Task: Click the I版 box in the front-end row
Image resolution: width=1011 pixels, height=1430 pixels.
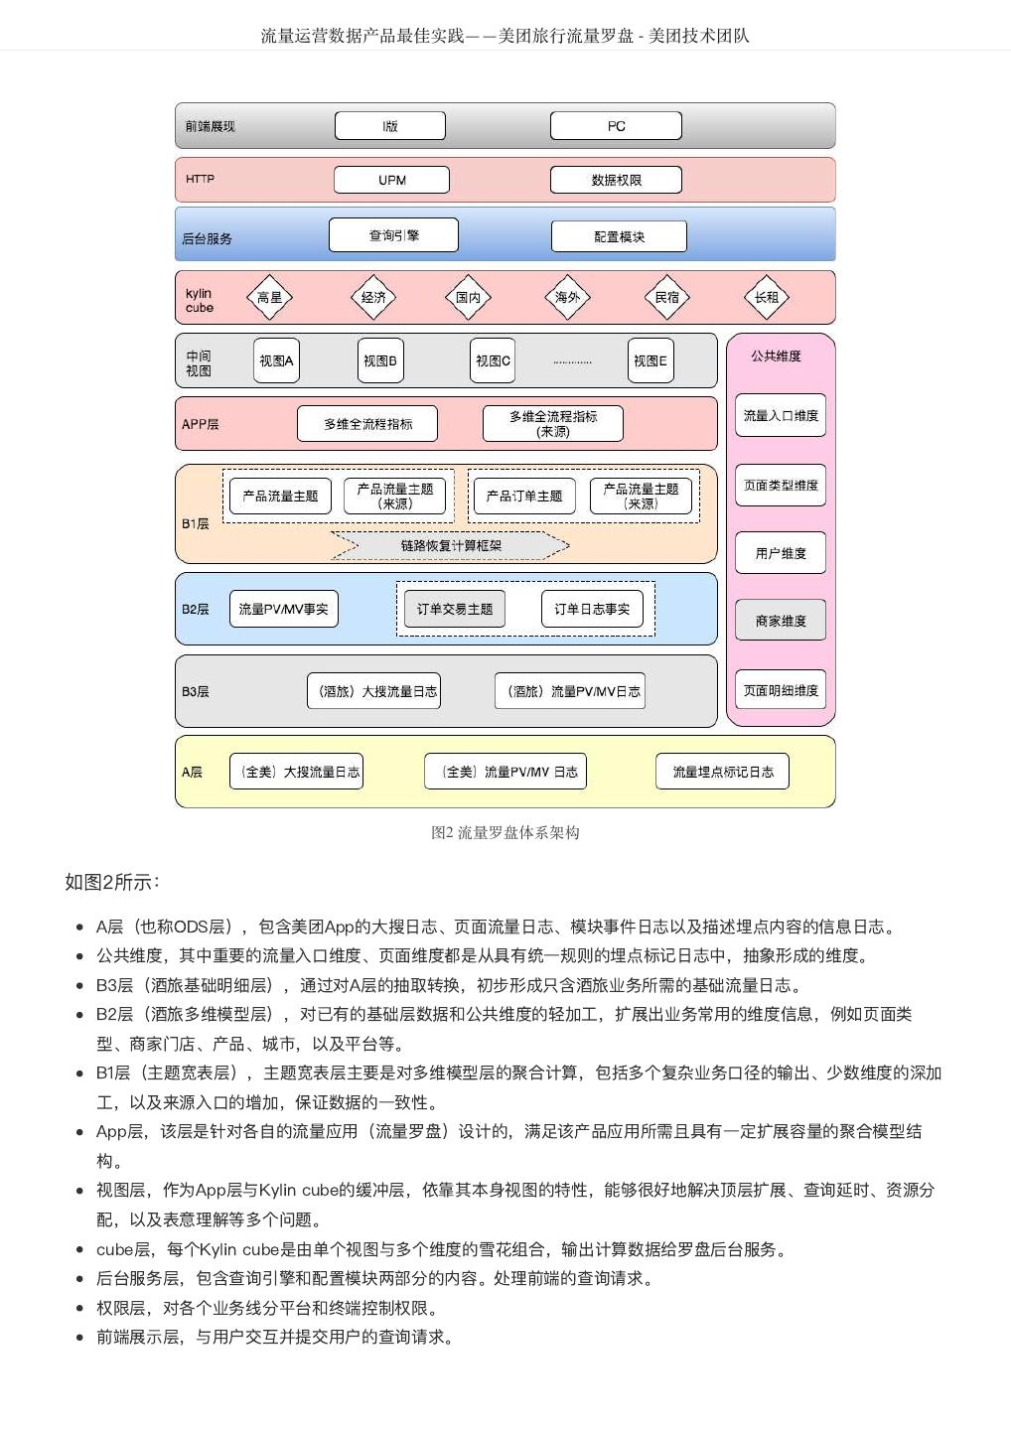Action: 390,126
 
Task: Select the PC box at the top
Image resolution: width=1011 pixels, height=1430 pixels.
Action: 616,126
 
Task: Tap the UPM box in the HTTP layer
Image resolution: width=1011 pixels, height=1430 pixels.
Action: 391,180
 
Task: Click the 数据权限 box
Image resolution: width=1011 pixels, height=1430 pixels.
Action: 616,180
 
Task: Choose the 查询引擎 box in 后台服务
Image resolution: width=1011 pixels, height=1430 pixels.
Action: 393,235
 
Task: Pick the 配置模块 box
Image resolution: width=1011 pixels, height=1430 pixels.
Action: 619,236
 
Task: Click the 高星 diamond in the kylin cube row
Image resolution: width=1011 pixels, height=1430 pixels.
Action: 269,297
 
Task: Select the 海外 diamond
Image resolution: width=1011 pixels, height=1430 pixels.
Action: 567,297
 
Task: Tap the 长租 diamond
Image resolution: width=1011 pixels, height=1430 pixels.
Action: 766,297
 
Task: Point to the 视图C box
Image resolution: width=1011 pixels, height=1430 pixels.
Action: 493,360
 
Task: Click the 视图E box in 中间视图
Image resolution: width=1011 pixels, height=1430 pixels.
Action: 650,360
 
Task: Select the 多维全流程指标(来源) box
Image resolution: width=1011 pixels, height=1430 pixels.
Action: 553,424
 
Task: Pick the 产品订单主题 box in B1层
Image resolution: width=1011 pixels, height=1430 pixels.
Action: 524,496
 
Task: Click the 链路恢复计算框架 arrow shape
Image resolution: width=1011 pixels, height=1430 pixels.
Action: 451,545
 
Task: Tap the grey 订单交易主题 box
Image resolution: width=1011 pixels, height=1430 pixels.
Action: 455,609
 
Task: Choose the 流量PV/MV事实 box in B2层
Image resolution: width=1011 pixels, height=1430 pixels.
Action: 283,609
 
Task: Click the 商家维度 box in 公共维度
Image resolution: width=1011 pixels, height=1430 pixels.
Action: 781,621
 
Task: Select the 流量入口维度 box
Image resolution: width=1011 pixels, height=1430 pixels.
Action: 781,415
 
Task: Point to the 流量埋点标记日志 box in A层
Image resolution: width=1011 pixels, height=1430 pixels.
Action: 722,772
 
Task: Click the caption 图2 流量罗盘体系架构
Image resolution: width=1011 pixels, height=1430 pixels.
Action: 505,832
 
